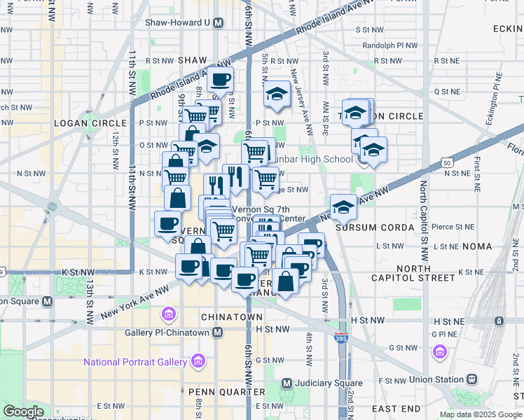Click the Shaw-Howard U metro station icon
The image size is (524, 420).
(219, 22)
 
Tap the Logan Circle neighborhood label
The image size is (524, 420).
(90, 123)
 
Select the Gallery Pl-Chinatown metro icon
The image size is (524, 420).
(218, 332)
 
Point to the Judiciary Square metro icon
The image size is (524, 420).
(287, 383)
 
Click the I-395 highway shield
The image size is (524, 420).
(341, 338)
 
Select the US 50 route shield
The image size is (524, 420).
(446, 162)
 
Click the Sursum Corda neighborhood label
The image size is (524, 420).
(370, 228)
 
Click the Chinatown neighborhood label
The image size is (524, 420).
(221, 317)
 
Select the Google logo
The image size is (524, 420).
(23, 412)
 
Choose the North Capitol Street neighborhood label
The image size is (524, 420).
(427, 273)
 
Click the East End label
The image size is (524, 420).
(397, 408)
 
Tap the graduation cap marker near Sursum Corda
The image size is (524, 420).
(343, 208)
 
